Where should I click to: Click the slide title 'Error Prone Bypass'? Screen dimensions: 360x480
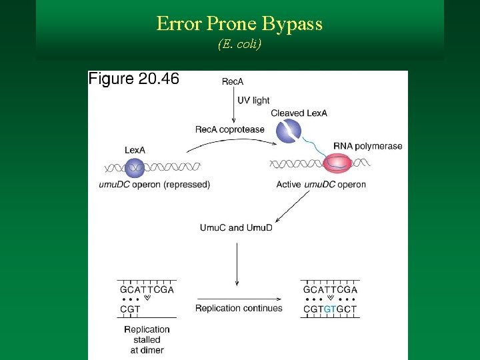(x=239, y=25)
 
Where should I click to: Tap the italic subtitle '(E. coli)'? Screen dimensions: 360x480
(x=239, y=45)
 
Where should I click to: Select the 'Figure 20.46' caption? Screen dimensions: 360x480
(x=134, y=79)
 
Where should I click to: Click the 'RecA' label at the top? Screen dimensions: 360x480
(x=232, y=82)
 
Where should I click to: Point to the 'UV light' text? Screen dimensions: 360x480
(x=253, y=100)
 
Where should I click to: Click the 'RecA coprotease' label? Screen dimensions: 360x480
(x=229, y=129)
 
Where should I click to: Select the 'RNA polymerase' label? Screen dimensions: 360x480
(x=368, y=146)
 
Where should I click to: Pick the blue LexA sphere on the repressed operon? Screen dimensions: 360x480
(x=133, y=165)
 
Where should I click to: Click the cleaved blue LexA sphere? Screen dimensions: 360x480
(x=289, y=131)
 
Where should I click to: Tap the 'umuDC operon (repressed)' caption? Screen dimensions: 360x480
(x=154, y=185)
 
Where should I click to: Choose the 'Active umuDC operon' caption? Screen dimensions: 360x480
(x=321, y=185)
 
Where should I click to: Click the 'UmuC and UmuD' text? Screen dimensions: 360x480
(x=236, y=227)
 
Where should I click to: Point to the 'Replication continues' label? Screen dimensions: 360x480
(x=239, y=308)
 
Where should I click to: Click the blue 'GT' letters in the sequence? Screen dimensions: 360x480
(x=329, y=309)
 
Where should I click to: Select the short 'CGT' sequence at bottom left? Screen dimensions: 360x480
(x=130, y=309)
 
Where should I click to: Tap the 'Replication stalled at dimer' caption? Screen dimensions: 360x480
(x=147, y=339)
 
